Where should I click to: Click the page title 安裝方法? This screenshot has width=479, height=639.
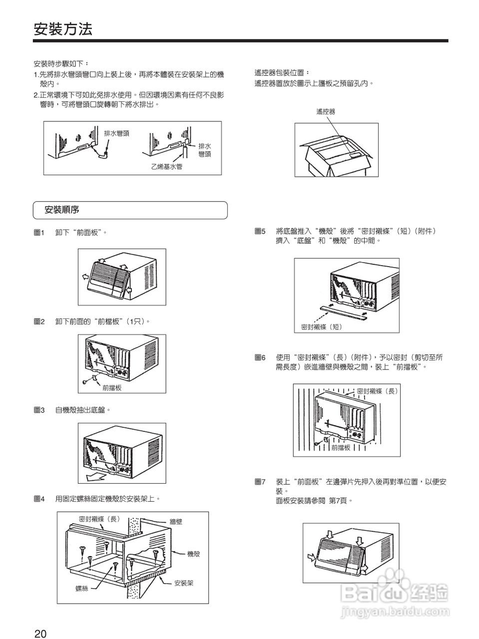[x=63, y=29]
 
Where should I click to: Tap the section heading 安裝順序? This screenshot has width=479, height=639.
[x=62, y=210]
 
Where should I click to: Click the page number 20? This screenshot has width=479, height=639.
[x=40, y=634]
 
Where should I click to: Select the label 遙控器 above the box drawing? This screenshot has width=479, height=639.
[x=326, y=112]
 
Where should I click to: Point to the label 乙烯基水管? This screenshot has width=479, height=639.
[x=167, y=167]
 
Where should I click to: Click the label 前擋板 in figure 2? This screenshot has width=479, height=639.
[x=112, y=387]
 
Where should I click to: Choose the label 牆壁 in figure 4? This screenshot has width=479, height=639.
[x=176, y=522]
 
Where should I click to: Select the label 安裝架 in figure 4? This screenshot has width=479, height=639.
[x=184, y=583]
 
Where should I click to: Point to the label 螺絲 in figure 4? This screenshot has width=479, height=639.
[x=82, y=589]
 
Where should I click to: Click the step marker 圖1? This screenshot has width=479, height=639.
[x=39, y=233]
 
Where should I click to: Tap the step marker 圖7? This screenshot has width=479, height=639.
[x=260, y=482]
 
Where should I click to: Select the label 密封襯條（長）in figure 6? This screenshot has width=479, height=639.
[x=378, y=391]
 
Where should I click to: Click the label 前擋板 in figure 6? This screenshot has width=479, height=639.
[x=341, y=447]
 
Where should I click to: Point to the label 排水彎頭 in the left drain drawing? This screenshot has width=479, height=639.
[x=116, y=133]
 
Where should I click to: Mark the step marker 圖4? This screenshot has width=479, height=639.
[x=39, y=498]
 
